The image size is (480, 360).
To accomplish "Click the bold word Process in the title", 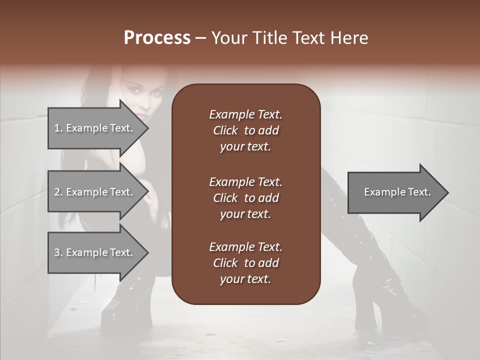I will [x=157, y=38].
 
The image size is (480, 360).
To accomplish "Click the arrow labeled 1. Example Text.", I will [x=95, y=128].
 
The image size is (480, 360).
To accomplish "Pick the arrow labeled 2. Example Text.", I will [x=95, y=192].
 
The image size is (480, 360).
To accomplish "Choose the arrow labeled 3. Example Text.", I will [x=95, y=252].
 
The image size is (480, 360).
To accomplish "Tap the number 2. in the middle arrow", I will [x=58, y=192].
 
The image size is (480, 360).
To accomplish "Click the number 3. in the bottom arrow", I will [x=58, y=252].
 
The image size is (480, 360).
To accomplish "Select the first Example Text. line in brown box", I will [x=245, y=114].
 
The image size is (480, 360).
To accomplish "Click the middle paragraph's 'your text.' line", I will [x=245, y=214].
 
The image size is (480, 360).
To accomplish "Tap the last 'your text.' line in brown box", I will [x=245, y=279].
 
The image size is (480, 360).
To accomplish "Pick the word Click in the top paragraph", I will [x=225, y=130].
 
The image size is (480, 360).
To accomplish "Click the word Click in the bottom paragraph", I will [x=225, y=263].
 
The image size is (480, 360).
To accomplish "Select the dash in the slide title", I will [x=200, y=38].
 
